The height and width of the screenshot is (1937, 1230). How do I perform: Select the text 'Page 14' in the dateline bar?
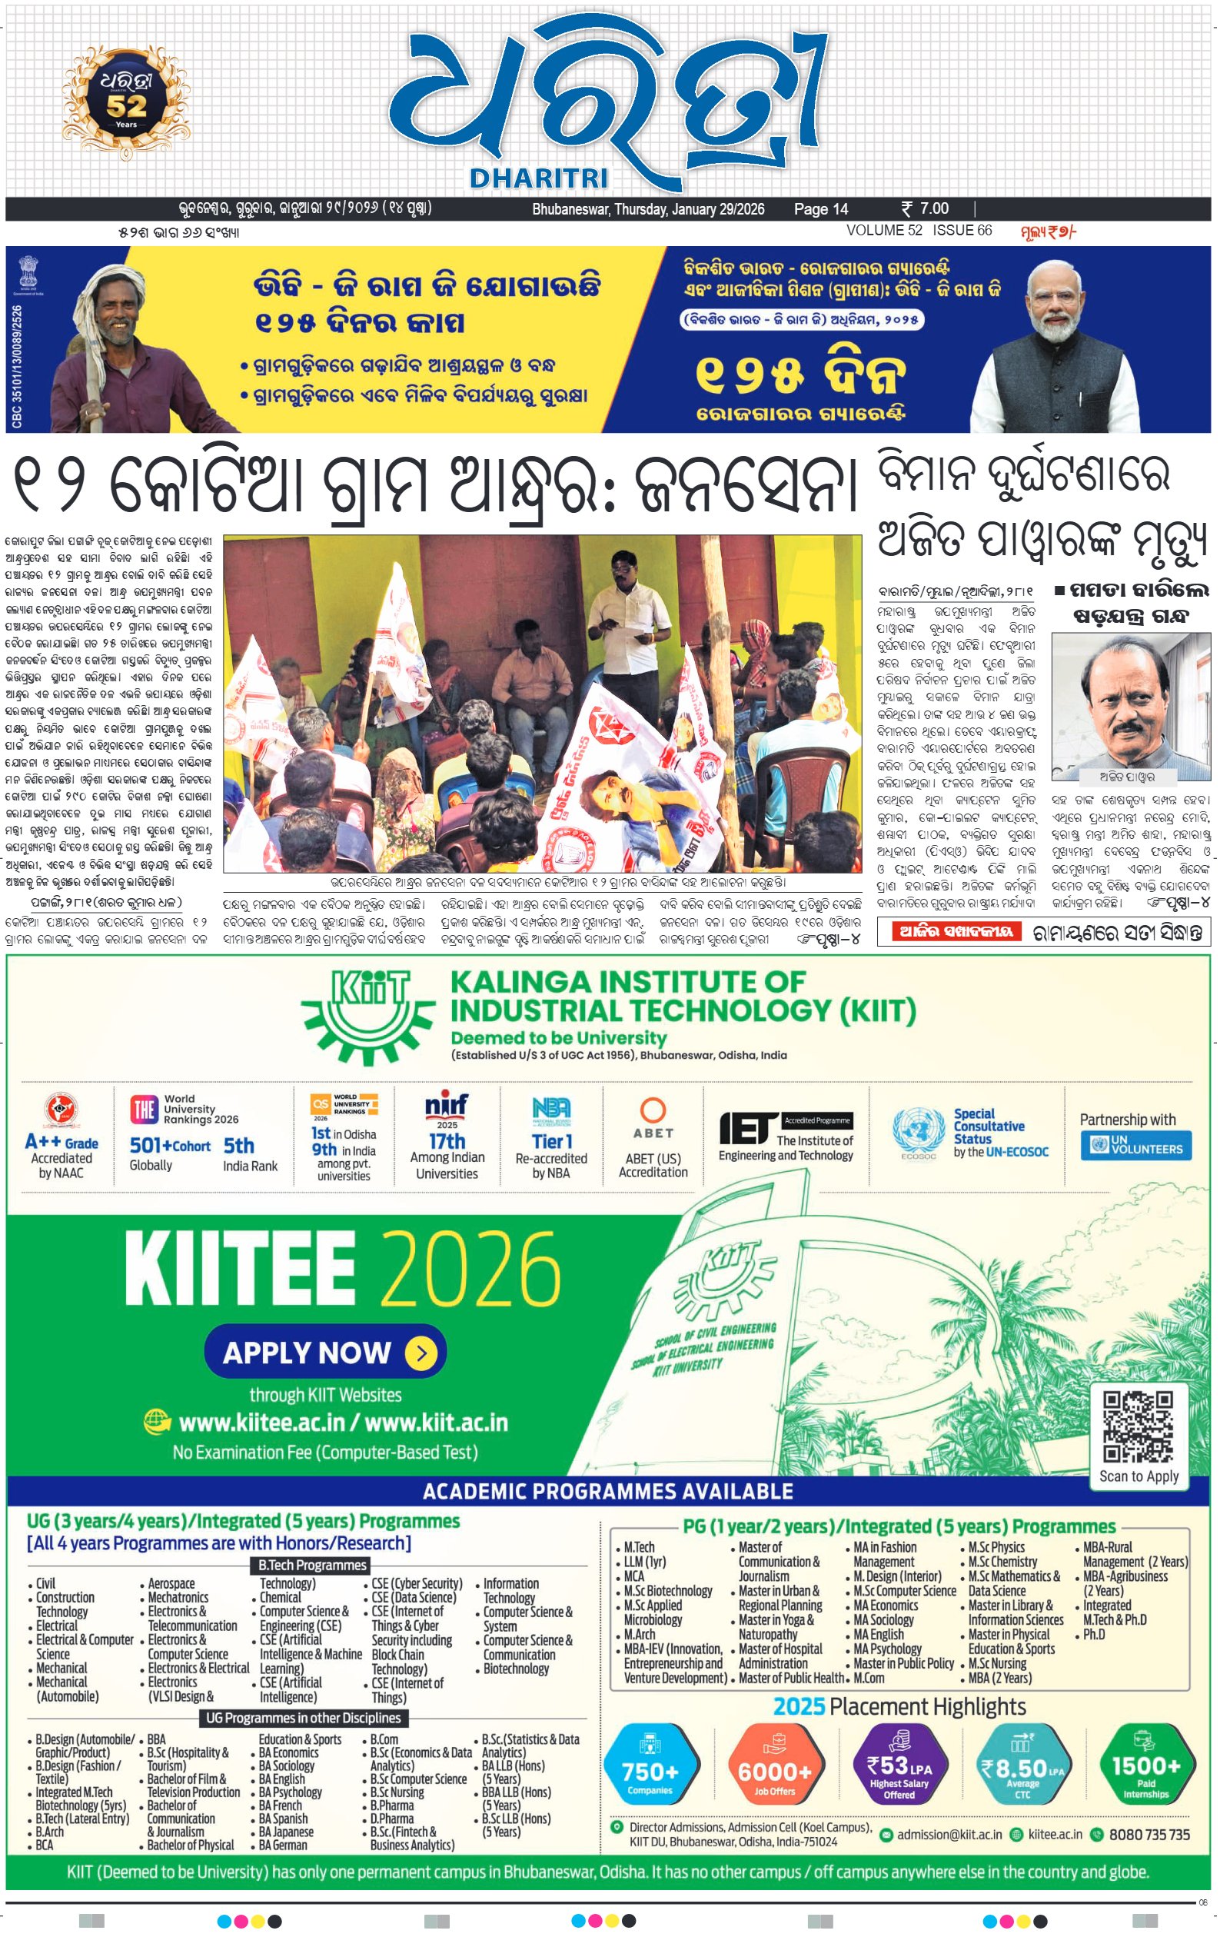pos(820,209)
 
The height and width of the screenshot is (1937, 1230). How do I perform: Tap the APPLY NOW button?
pos(325,1352)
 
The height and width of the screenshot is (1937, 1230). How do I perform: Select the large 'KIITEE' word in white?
pos(240,1270)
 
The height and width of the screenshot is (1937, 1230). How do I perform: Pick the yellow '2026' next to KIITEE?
pos(470,1270)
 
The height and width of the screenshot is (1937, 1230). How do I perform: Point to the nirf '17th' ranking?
pos(447,1140)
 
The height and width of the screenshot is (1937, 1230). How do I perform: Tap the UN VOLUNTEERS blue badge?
pos(1137,1146)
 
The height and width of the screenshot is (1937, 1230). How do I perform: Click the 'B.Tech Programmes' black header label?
pos(312,1566)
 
